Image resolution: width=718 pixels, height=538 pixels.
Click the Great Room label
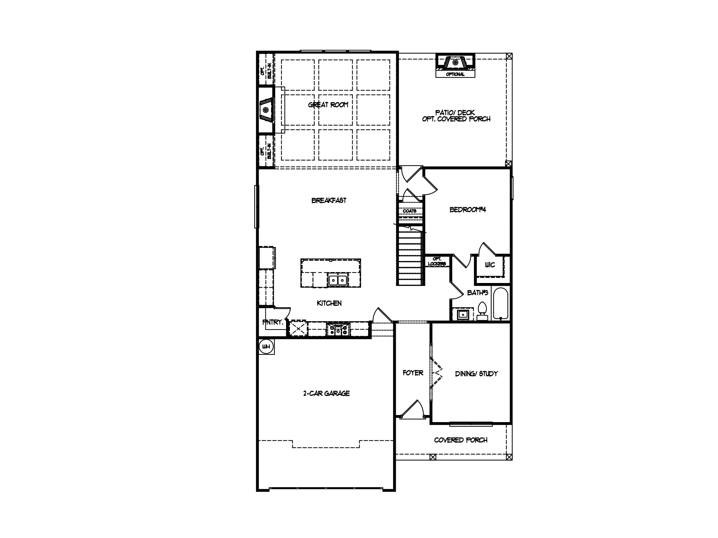328,105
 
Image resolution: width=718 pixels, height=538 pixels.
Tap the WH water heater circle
266,347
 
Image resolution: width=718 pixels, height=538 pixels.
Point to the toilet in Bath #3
482,311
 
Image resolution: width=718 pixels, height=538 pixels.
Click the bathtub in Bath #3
500,303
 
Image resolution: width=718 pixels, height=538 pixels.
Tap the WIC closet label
490,265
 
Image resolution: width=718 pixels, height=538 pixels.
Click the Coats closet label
409,211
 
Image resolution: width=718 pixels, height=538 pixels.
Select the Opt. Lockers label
437,261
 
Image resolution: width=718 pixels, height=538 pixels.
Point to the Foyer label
413,373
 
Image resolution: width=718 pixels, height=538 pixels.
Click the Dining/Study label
476,374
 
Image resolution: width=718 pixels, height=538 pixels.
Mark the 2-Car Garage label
326,393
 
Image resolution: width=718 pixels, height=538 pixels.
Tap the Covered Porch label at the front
461,440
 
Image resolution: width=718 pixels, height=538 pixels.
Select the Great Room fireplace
266,110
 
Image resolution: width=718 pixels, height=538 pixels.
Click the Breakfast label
329,200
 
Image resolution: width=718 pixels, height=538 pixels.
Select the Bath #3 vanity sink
463,314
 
